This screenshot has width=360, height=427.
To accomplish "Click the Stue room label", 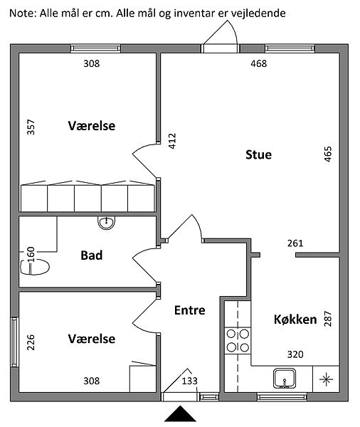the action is click(258, 154).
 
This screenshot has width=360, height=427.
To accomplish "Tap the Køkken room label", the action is click(295, 320).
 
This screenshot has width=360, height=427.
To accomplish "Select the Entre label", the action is click(189, 310).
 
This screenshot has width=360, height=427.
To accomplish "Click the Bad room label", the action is click(92, 255).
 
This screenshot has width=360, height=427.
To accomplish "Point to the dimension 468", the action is click(259, 64).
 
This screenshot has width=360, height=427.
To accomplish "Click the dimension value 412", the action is click(172, 141).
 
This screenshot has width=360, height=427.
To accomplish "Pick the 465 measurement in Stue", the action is click(328, 154).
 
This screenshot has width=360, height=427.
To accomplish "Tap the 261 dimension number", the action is click(295, 243).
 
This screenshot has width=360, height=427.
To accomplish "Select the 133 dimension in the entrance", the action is click(189, 381).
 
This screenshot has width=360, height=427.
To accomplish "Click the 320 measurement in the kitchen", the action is click(295, 354).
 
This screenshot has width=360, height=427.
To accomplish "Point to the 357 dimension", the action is click(31, 127).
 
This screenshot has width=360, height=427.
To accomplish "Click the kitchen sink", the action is click(285, 379).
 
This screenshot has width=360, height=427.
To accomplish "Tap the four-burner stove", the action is click(238, 341).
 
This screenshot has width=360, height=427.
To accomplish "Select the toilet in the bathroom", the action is click(35, 267).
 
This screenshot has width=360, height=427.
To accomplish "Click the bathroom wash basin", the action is click(106, 223).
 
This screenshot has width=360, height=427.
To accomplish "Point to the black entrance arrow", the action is click(180, 414).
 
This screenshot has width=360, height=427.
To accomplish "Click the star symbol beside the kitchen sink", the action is click(327, 379).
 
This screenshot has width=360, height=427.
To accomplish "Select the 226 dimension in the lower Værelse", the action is click(31, 342).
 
